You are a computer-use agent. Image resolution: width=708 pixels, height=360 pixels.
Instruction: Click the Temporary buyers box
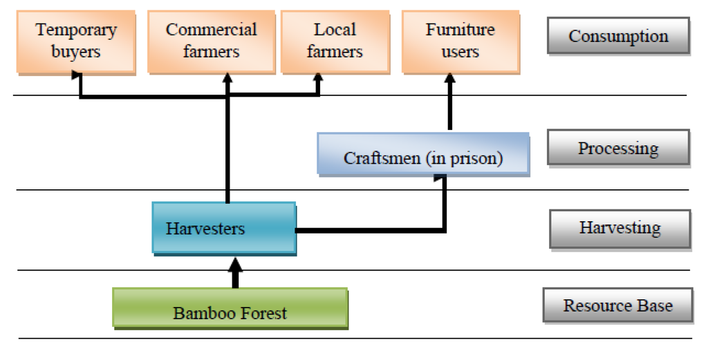tap(76, 41)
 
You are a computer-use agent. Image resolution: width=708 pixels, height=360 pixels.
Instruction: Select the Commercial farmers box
tap(211, 41)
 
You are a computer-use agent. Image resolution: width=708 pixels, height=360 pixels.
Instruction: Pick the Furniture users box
tap(460, 41)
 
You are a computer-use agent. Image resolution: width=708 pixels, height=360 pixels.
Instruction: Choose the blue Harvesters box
tap(223, 227)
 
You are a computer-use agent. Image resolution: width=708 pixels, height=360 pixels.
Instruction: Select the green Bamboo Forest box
tap(230, 308)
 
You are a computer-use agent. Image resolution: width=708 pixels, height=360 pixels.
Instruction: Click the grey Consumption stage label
tap(618, 36)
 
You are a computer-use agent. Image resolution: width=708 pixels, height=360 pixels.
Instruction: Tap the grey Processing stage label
tap(618, 148)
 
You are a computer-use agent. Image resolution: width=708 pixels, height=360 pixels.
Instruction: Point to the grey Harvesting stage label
tap(619, 228)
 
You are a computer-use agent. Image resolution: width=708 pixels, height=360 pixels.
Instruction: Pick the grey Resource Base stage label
tap(617, 305)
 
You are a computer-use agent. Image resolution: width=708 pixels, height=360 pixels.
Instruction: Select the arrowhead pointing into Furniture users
tap(450, 79)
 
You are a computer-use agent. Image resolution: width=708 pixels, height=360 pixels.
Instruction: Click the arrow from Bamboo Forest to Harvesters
tap(235, 272)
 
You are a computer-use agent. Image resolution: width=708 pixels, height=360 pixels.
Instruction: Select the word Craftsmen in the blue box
tap(373, 158)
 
